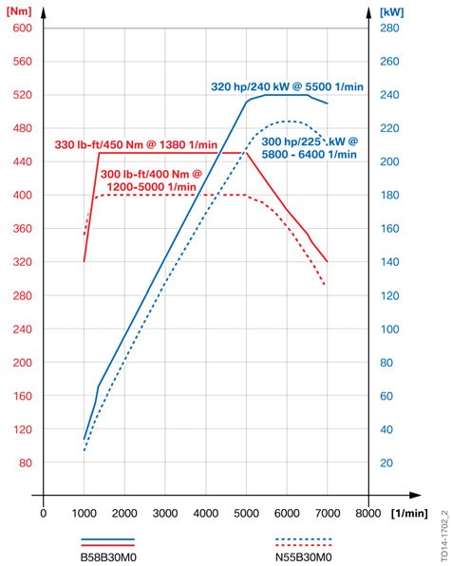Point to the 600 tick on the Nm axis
pos(22,28)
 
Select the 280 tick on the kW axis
pos(389,28)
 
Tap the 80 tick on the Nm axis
pos(25,462)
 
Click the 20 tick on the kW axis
pos(386,462)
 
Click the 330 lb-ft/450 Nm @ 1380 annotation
pos(138,144)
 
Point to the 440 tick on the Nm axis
pos(22,161)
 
